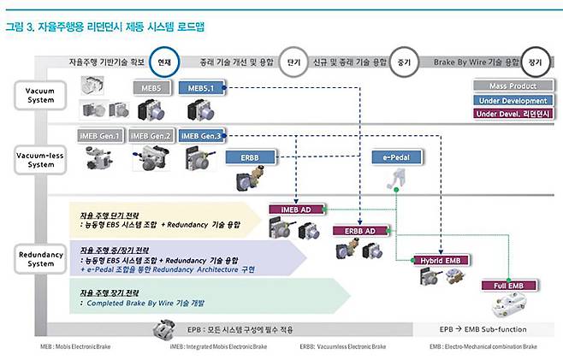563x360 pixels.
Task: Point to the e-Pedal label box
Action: [x=393, y=158]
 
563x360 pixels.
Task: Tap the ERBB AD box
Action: [x=359, y=231]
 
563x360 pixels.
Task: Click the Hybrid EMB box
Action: [x=442, y=259]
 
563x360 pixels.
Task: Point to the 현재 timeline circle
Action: [x=164, y=62]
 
